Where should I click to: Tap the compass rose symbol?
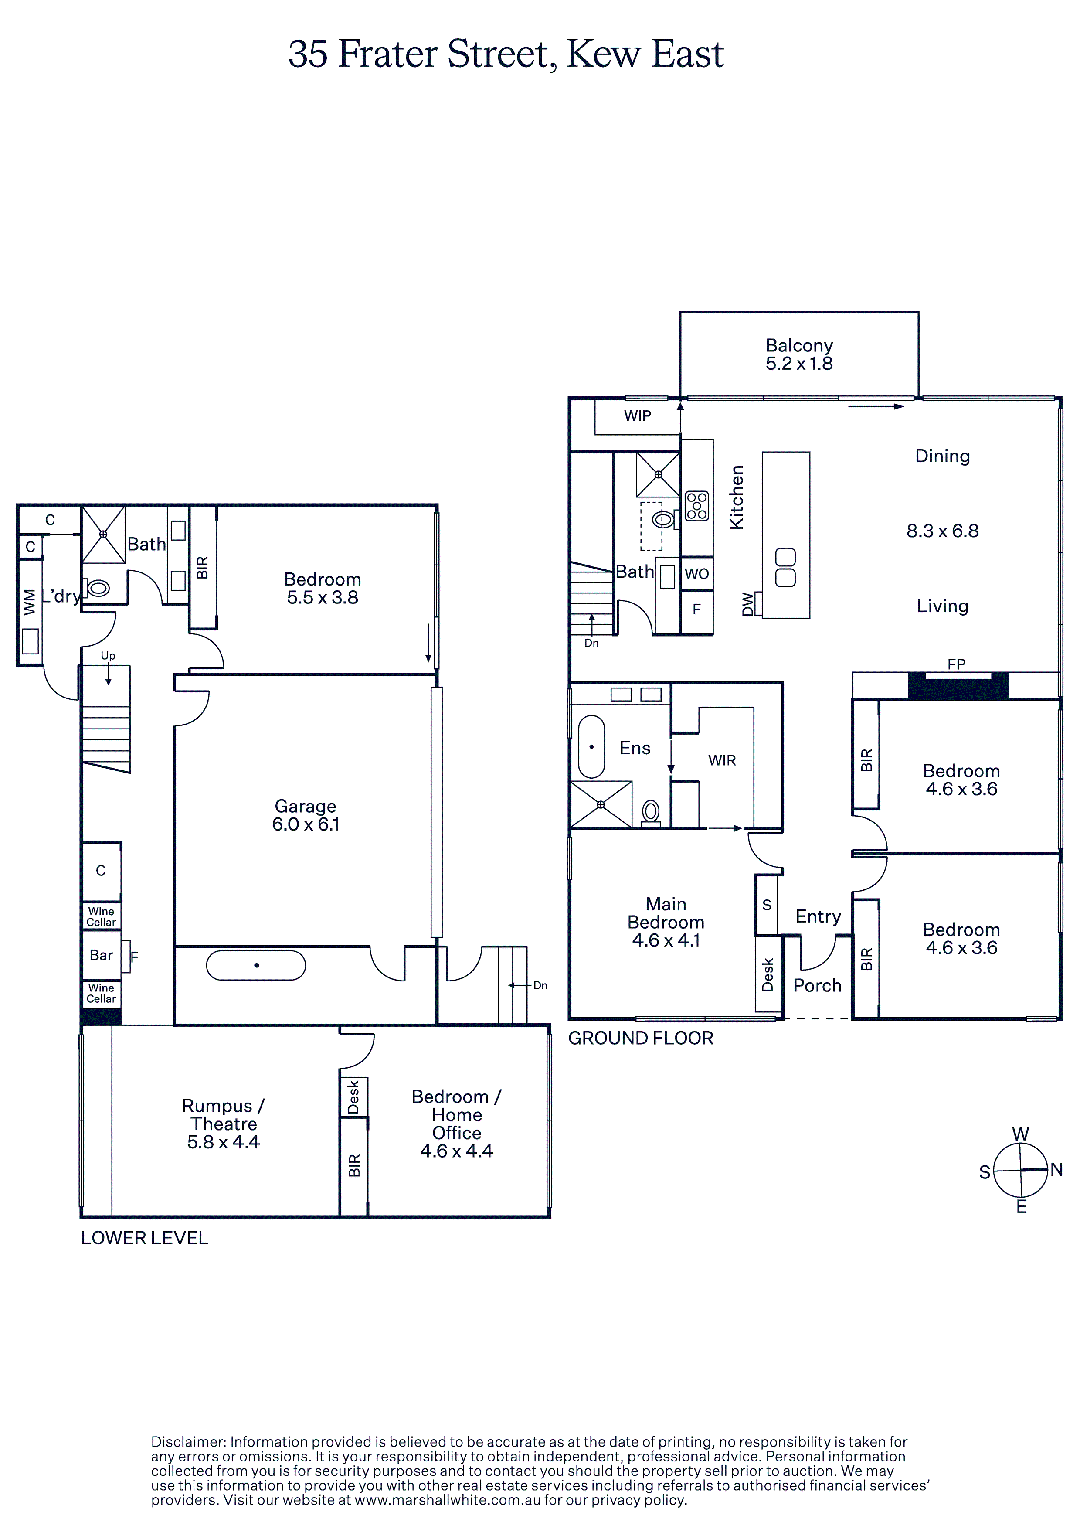1020,1170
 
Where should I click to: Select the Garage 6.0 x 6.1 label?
306,815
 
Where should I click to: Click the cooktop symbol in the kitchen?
697,505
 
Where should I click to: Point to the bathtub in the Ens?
591,746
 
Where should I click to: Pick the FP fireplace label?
956,664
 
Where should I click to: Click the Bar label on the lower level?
101,955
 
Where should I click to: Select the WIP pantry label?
637,416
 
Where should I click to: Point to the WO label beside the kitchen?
696,574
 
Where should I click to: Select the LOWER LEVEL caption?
145,1238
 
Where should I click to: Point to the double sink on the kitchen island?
786,567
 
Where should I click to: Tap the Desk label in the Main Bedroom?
768,974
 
